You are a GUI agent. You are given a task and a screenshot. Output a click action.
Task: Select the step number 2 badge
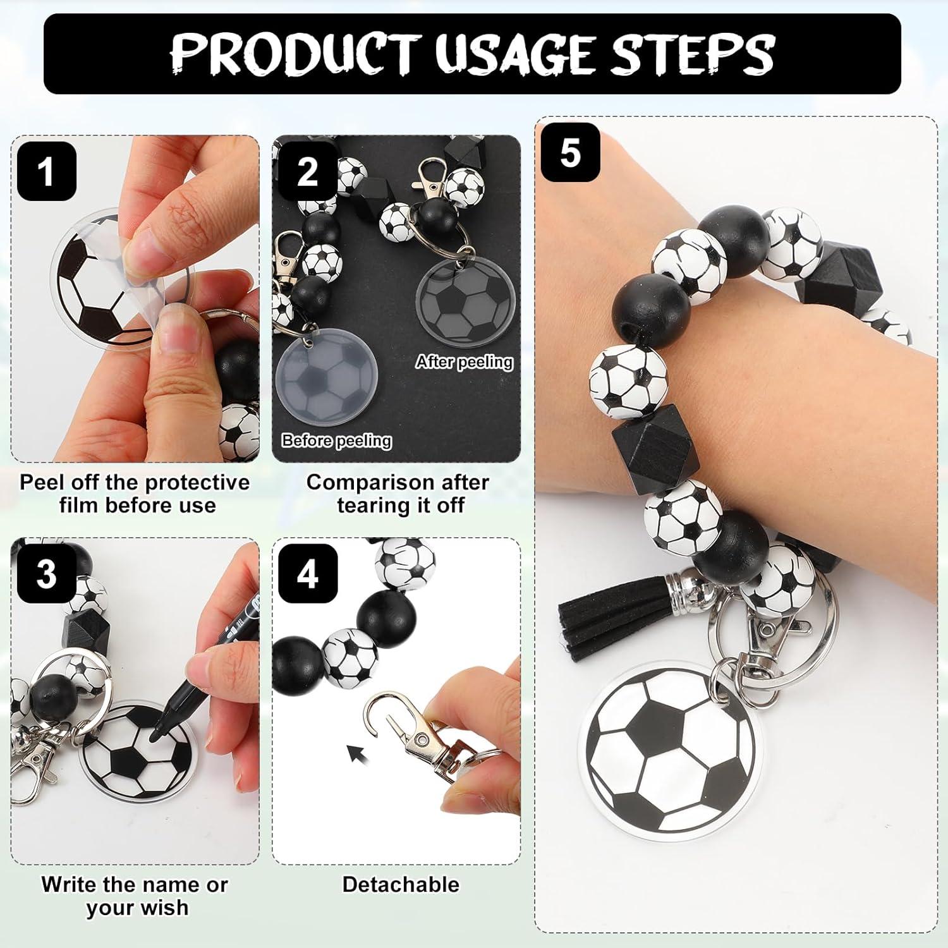(x=307, y=171)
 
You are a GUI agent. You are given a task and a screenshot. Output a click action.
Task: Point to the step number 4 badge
(x=308, y=574)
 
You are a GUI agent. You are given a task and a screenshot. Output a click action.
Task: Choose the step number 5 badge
(x=570, y=153)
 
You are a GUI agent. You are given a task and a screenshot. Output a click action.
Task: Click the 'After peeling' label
(x=464, y=362)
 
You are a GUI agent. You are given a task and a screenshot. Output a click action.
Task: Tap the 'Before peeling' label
(x=336, y=441)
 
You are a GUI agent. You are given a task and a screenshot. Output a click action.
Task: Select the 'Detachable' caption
(x=401, y=884)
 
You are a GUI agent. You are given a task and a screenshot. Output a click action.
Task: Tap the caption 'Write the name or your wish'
(x=135, y=896)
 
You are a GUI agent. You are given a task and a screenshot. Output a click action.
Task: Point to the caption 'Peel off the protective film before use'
(x=135, y=494)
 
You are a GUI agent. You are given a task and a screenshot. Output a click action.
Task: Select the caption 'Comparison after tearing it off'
(x=398, y=494)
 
